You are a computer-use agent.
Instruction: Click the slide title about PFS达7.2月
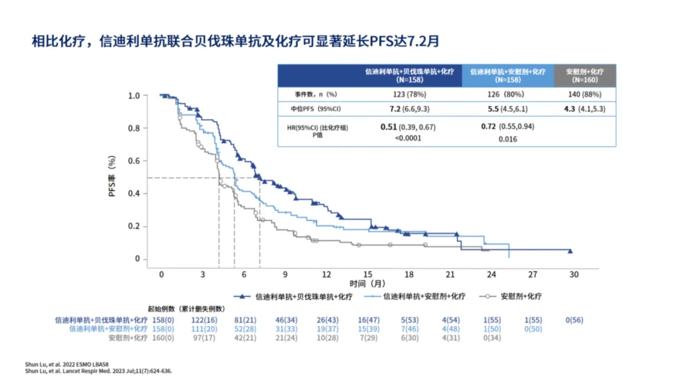[236, 42]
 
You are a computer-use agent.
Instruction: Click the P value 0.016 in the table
[508, 139]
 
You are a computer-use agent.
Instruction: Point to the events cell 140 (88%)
[584, 94]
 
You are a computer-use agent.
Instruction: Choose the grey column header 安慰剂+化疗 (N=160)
[584, 76]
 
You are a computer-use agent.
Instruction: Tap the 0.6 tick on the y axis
[134, 161]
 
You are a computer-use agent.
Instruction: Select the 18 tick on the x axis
[409, 275]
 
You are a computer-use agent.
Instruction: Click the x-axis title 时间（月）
[367, 284]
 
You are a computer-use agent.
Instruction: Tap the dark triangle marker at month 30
[570, 251]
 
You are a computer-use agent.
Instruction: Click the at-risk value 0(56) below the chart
[574, 320]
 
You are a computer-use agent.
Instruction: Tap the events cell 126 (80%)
[508, 94]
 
